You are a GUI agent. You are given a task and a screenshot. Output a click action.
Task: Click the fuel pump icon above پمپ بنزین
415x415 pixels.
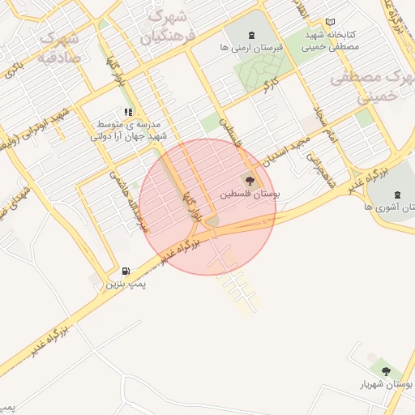[126, 272]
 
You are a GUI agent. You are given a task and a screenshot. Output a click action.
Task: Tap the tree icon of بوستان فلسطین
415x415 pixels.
[249, 181]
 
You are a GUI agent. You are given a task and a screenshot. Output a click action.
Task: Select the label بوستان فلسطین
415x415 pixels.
[249, 195]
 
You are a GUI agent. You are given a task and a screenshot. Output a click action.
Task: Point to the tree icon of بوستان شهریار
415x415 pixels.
[385, 370]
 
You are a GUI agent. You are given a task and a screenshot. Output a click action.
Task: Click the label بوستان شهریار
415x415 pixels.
[386, 385]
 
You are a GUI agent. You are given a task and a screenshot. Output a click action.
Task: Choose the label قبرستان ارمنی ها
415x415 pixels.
[251, 49]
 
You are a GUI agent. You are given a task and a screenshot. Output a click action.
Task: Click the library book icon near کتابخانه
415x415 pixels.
[329, 22]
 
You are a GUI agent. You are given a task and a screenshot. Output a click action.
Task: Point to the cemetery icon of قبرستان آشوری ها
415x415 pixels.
[396, 195]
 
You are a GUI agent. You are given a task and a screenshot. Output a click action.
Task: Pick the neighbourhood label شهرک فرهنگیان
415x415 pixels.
[169, 26]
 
